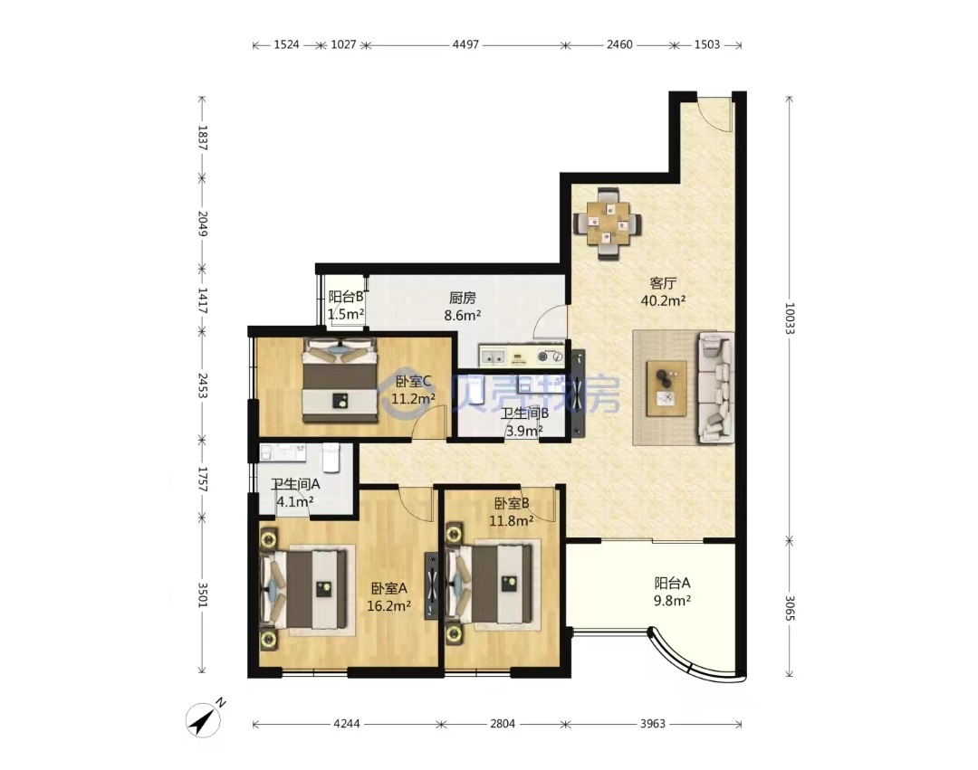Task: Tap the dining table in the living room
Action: tap(608, 223)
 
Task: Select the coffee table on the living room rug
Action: tap(666, 388)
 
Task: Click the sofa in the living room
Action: tap(716, 387)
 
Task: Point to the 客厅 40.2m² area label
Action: tap(663, 291)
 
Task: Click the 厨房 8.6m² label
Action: tap(462, 307)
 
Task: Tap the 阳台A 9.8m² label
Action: tap(672, 592)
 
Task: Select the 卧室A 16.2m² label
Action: tap(388, 596)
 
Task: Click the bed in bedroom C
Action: tap(340, 380)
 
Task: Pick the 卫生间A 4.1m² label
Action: tap(295, 492)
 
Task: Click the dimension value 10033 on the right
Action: tap(790, 318)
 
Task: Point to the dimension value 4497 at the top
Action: tap(465, 44)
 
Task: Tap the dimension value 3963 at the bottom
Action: tap(652, 724)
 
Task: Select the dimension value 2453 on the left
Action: tap(202, 385)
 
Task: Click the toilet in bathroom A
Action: tap(331, 458)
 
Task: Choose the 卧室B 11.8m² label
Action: tap(512, 511)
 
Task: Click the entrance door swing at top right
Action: tap(714, 113)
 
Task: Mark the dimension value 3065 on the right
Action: tap(790, 608)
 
